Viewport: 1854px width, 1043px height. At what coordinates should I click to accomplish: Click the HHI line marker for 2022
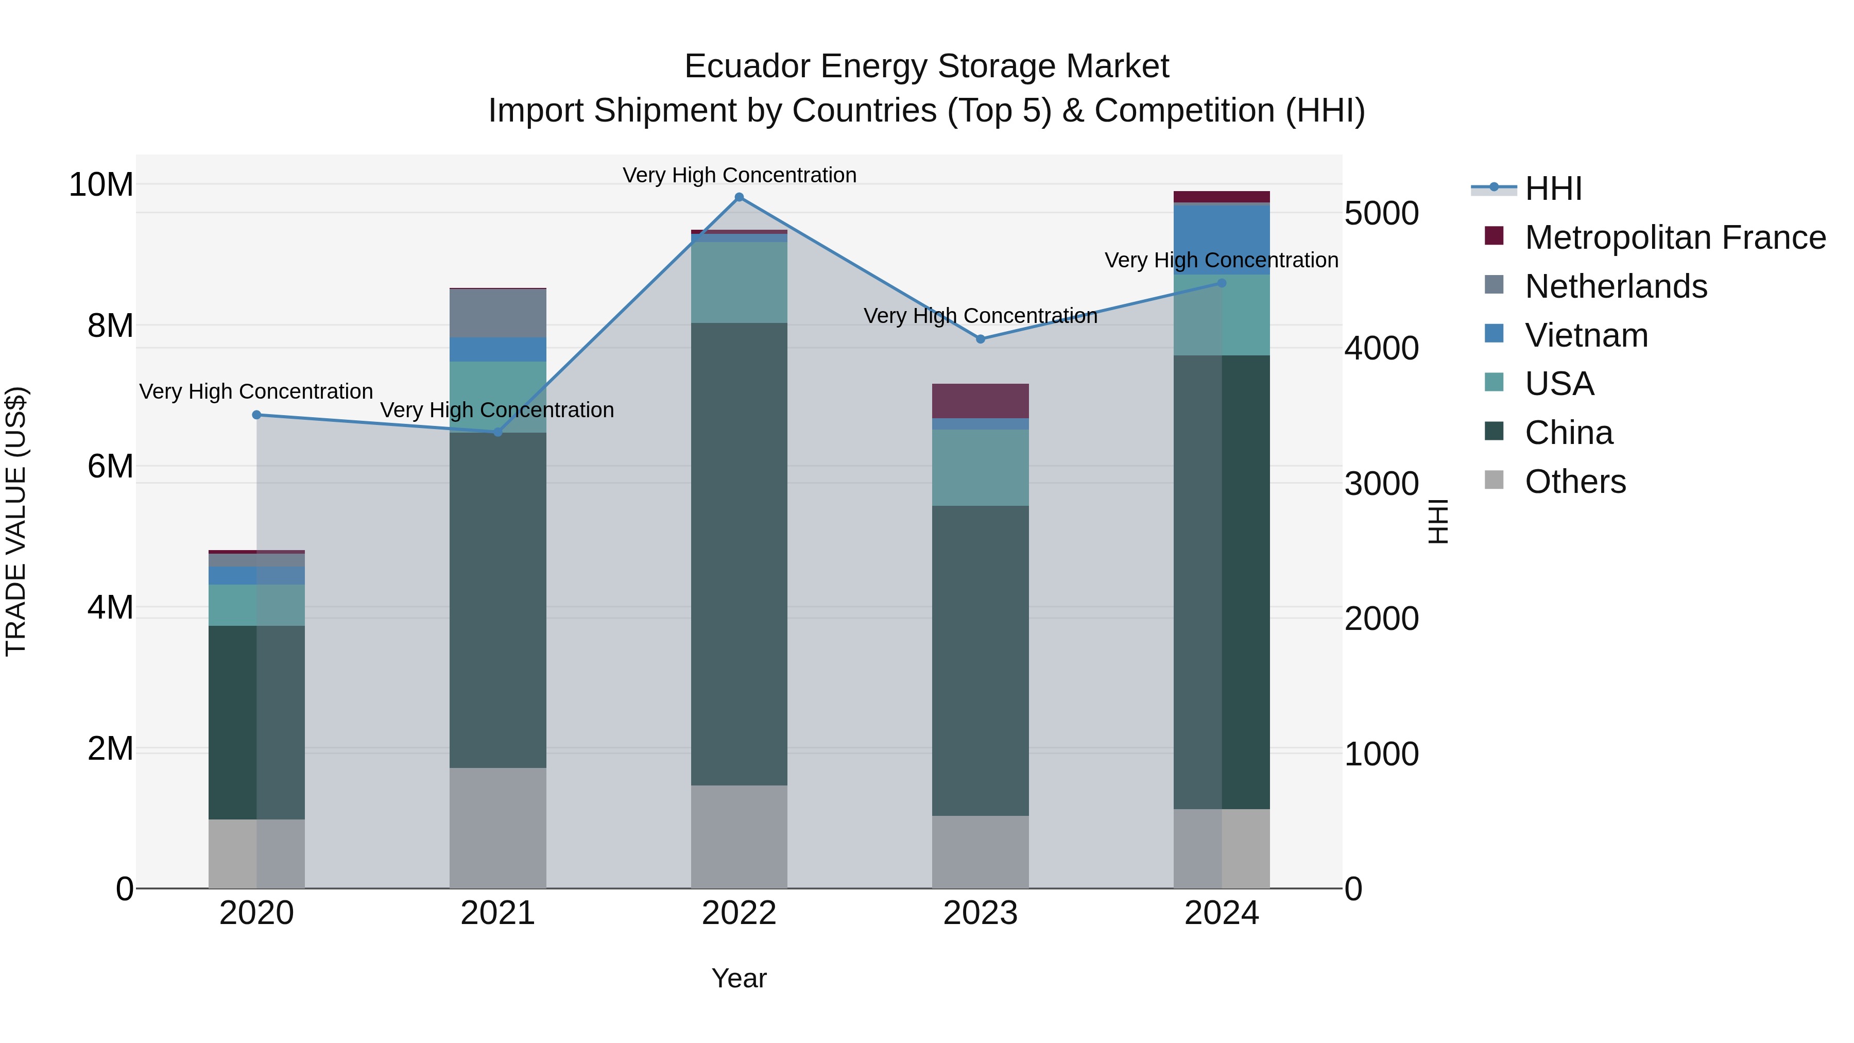739,197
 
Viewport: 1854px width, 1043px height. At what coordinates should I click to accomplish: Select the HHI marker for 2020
257,415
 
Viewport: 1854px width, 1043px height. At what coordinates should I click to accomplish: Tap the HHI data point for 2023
980,339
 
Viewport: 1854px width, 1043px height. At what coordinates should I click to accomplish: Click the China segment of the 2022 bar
739,554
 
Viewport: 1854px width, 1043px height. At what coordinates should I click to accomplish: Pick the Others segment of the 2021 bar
497,828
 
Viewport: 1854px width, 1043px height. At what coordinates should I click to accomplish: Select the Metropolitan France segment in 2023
980,401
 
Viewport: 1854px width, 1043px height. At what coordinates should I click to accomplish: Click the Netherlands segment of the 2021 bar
497,313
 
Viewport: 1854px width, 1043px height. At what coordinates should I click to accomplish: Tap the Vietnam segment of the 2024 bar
1222,240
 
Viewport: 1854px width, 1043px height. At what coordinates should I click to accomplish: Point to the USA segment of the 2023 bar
980,468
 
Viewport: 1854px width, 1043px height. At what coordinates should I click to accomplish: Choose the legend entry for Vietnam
1586,335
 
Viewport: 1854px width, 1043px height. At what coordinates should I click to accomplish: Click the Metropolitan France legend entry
1675,237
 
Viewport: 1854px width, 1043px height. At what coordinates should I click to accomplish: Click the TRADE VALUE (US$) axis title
16,521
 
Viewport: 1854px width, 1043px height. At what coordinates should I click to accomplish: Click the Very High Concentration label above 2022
739,176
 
